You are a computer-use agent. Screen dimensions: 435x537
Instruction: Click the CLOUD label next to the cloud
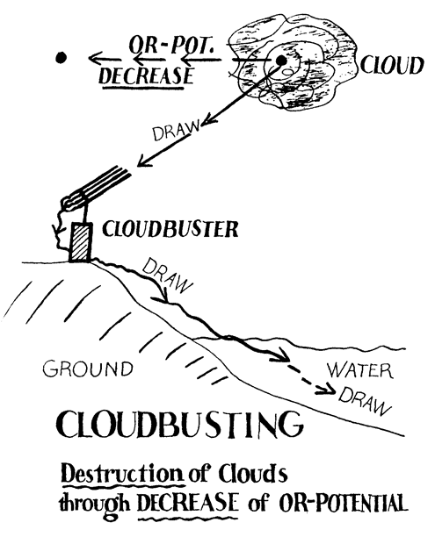391,66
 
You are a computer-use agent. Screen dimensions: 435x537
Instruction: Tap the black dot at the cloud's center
281,61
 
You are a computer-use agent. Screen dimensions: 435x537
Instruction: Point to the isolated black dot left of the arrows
61,58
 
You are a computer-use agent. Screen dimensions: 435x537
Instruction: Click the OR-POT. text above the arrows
170,45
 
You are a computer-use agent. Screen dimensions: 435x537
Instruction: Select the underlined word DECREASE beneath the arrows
147,76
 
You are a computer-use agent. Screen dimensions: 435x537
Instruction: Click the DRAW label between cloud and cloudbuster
176,131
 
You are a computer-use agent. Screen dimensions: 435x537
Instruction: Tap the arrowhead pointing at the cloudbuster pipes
144,161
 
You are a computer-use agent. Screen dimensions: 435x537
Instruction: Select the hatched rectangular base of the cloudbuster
81,242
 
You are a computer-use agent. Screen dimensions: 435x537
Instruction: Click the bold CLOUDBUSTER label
170,229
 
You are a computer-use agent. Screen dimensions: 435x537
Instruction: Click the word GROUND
88,369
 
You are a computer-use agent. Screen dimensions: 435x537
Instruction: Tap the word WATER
359,370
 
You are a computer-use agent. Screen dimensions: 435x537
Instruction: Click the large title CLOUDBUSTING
179,425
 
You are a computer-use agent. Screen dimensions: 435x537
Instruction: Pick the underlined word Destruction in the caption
122,475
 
